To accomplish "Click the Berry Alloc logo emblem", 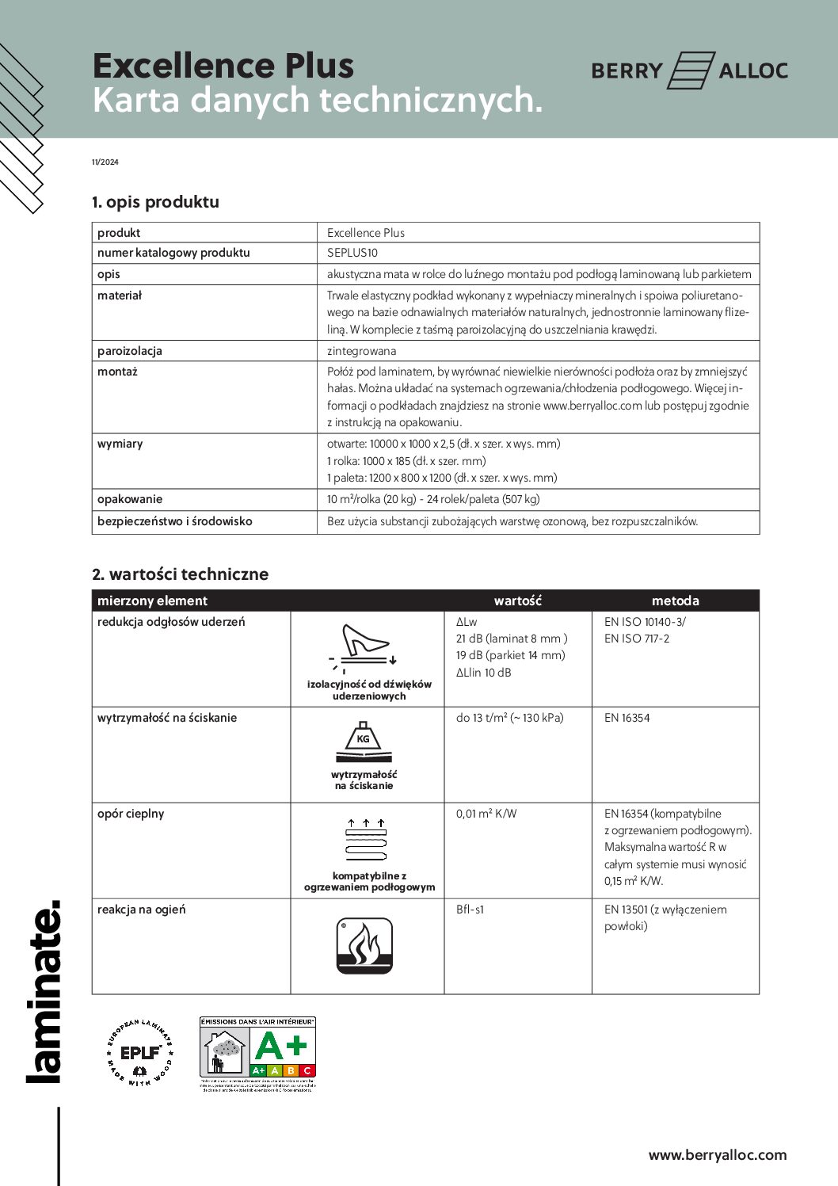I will [691, 71].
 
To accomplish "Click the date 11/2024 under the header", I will [105, 162].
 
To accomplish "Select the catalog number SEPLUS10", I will [352, 253].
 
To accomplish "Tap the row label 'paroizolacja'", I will [129, 351].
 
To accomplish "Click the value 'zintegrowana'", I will [362, 351].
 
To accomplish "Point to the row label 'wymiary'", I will [120, 444].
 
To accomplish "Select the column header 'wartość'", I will [517, 601].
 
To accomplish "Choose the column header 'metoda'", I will [675, 601].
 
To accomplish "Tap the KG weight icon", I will [364, 742].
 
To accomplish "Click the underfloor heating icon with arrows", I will [366, 840].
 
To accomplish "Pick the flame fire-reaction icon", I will [364, 946].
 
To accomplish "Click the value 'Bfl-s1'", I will [470, 910].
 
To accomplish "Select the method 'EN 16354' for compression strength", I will [627, 718].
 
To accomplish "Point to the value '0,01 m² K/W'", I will [486, 814].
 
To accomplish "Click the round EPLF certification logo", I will [139, 1053].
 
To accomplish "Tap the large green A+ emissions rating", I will [281, 1046].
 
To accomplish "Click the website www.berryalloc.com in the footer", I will [718, 1155].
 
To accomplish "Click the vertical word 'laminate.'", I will [44, 990].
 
